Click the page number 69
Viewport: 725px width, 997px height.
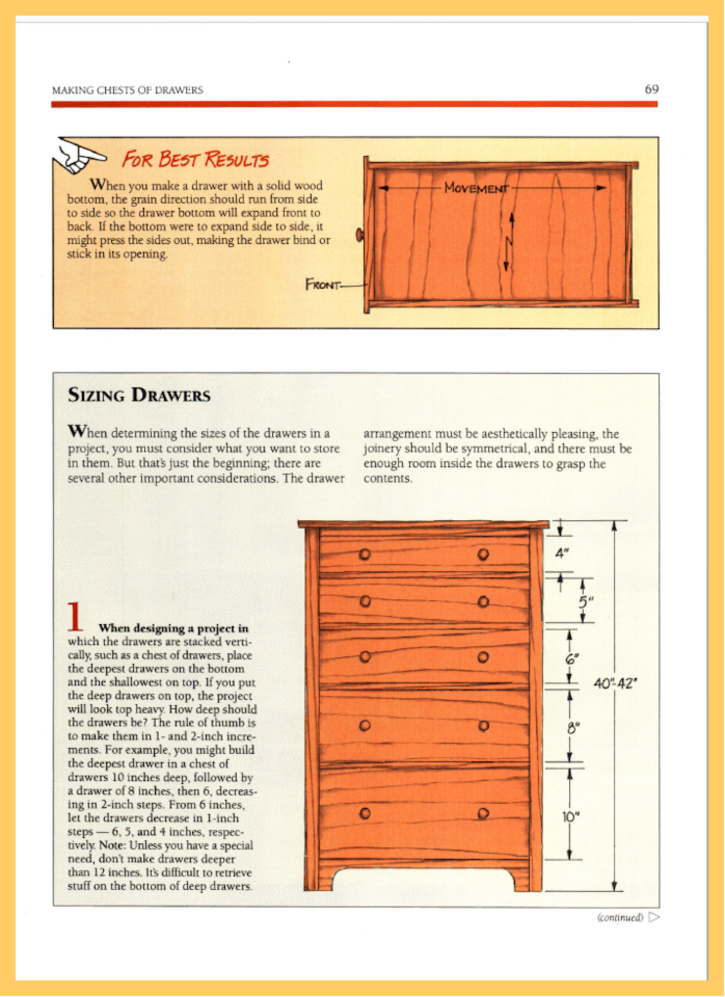pyautogui.click(x=651, y=89)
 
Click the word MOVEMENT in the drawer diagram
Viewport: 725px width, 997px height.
pyautogui.click(x=476, y=188)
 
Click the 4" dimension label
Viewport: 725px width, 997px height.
pyautogui.click(x=561, y=554)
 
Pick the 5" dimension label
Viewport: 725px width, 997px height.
pyautogui.click(x=585, y=602)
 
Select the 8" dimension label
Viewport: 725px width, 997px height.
pyautogui.click(x=572, y=728)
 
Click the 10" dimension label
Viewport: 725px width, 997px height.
pyautogui.click(x=570, y=817)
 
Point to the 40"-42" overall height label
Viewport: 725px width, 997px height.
pyautogui.click(x=615, y=683)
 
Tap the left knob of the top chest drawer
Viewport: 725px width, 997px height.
pyautogui.click(x=365, y=555)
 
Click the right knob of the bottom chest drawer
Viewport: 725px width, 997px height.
pyautogui.click(x=484, y=814)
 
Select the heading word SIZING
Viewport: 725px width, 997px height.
pyautogui.click(x=96, y=395)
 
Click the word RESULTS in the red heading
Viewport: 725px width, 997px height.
pyautogui.click(x=236, y=159)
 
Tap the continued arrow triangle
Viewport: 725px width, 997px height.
pyautogui.click(x=654, y=918)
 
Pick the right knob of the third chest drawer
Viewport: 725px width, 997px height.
pyautogui.click(x=483, y=657)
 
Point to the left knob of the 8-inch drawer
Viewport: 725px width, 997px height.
pyautogui.click(x=365, y=725)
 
